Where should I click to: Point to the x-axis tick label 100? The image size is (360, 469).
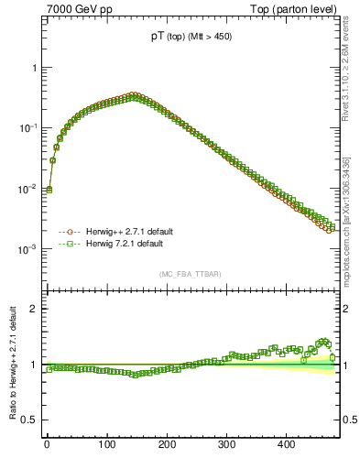[107, 443]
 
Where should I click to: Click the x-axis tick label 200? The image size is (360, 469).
[167, 443]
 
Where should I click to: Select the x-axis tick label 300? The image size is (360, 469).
[227, 443]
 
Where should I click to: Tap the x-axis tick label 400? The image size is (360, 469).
[287, 443]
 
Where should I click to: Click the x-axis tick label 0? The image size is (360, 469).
[47, 443]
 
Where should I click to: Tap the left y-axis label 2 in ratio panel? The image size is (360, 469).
[32, 309]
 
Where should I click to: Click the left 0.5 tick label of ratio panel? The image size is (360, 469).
[27, 420]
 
